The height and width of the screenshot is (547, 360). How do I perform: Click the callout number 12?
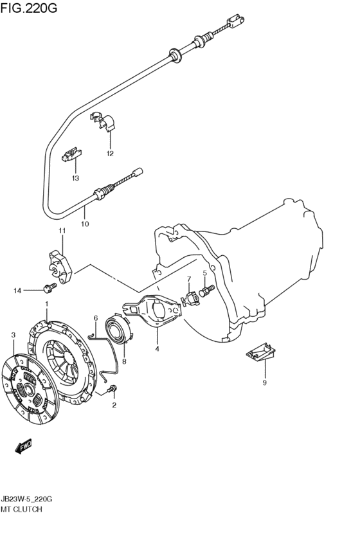coord(110,154)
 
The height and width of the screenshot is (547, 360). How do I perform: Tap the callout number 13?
coord(75,178)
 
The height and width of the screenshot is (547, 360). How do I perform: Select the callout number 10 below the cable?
coord(85,224)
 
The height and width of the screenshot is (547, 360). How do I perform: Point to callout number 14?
coord(17,291)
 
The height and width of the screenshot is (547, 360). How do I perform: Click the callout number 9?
coord(264,383)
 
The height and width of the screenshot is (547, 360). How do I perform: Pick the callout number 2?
coord(114,406)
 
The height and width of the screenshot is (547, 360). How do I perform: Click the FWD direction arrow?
coord(23,447)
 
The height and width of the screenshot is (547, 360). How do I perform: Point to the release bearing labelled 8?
coord(119,328)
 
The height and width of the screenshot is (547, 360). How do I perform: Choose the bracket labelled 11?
coord(60,267)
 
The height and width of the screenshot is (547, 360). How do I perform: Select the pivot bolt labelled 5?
coord(206,291)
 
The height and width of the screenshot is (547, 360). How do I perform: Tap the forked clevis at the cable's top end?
coord(236,21)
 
